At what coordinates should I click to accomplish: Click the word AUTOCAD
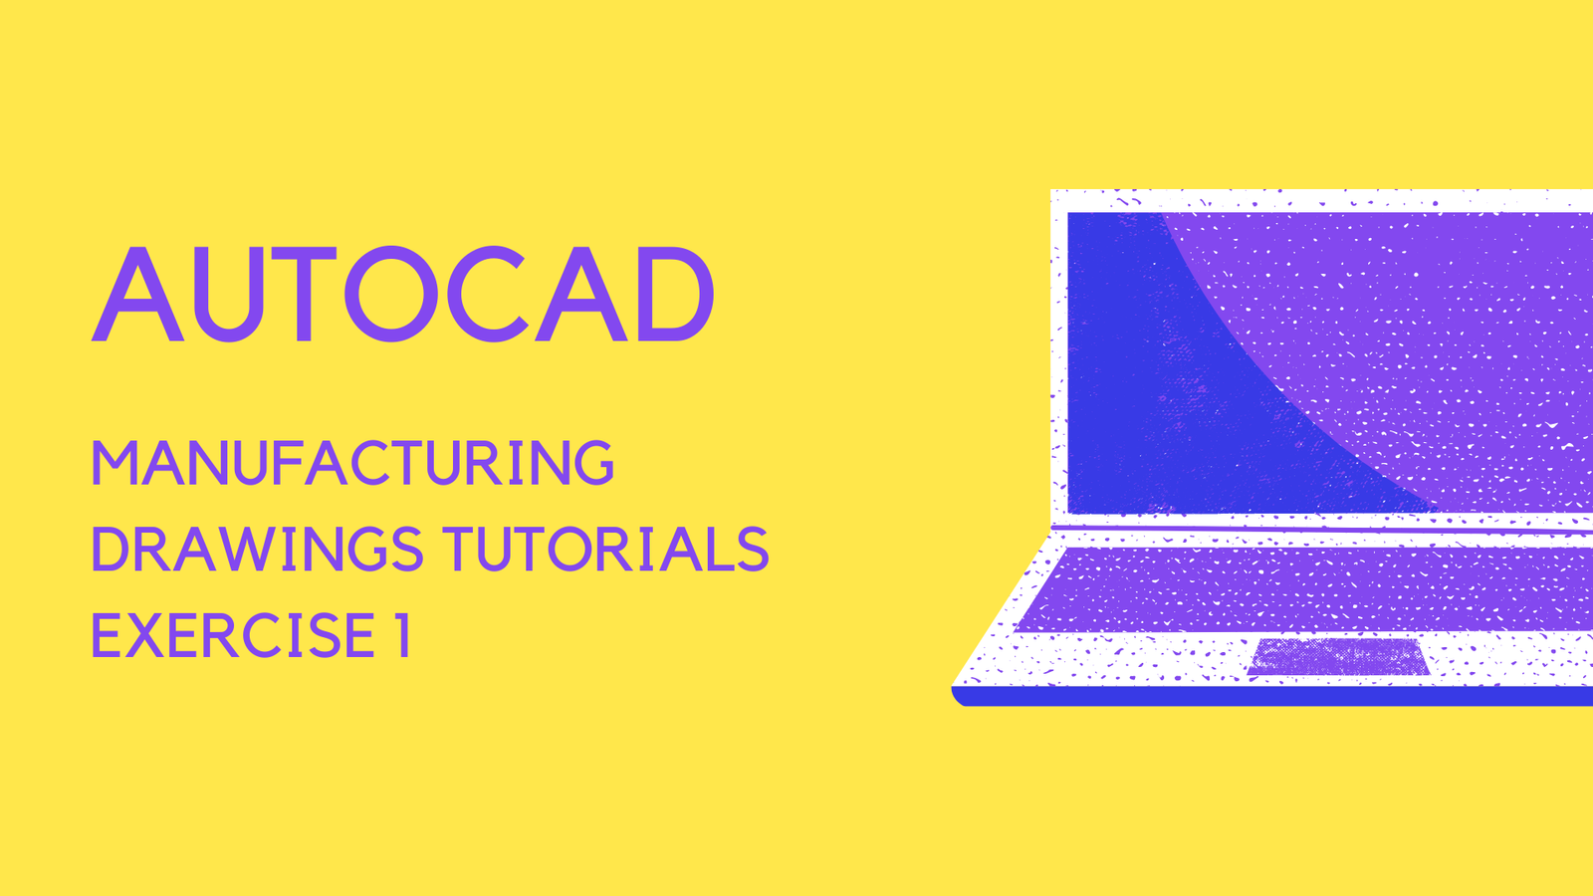coord(402,294)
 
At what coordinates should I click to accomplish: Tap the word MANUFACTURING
coord(352,463)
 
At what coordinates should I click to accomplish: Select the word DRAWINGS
coord(258,549)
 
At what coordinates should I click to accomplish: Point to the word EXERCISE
coord(233,635)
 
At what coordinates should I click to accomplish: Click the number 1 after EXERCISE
coord(402,635)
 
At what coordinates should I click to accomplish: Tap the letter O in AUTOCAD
coord(391,294)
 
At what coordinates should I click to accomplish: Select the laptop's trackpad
coord(1338,656)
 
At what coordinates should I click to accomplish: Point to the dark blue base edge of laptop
coord(1273,697)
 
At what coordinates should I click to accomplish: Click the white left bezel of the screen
coord(1059,362)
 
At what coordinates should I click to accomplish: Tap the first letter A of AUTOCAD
coord(138,294)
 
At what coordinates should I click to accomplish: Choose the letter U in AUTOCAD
coord(229,295)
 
